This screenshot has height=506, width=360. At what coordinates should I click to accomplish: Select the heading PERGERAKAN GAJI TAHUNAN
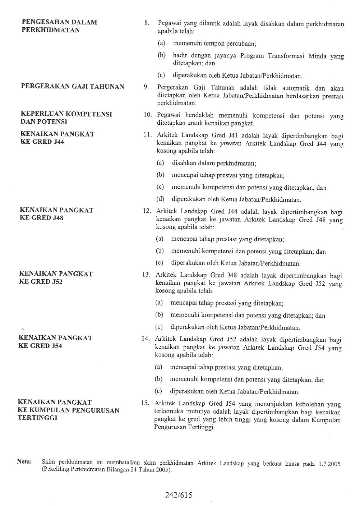point(73,86)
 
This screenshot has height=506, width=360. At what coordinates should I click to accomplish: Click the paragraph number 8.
point(147,24)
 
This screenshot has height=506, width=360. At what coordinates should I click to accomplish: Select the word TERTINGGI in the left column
point(37,418)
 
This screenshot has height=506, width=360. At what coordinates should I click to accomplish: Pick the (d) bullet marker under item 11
point(160,199)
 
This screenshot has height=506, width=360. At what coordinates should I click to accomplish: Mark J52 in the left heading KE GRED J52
point(57,282)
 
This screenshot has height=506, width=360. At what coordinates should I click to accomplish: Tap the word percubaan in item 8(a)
point(240,44)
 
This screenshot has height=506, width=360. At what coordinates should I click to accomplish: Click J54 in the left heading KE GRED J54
point(56,346)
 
